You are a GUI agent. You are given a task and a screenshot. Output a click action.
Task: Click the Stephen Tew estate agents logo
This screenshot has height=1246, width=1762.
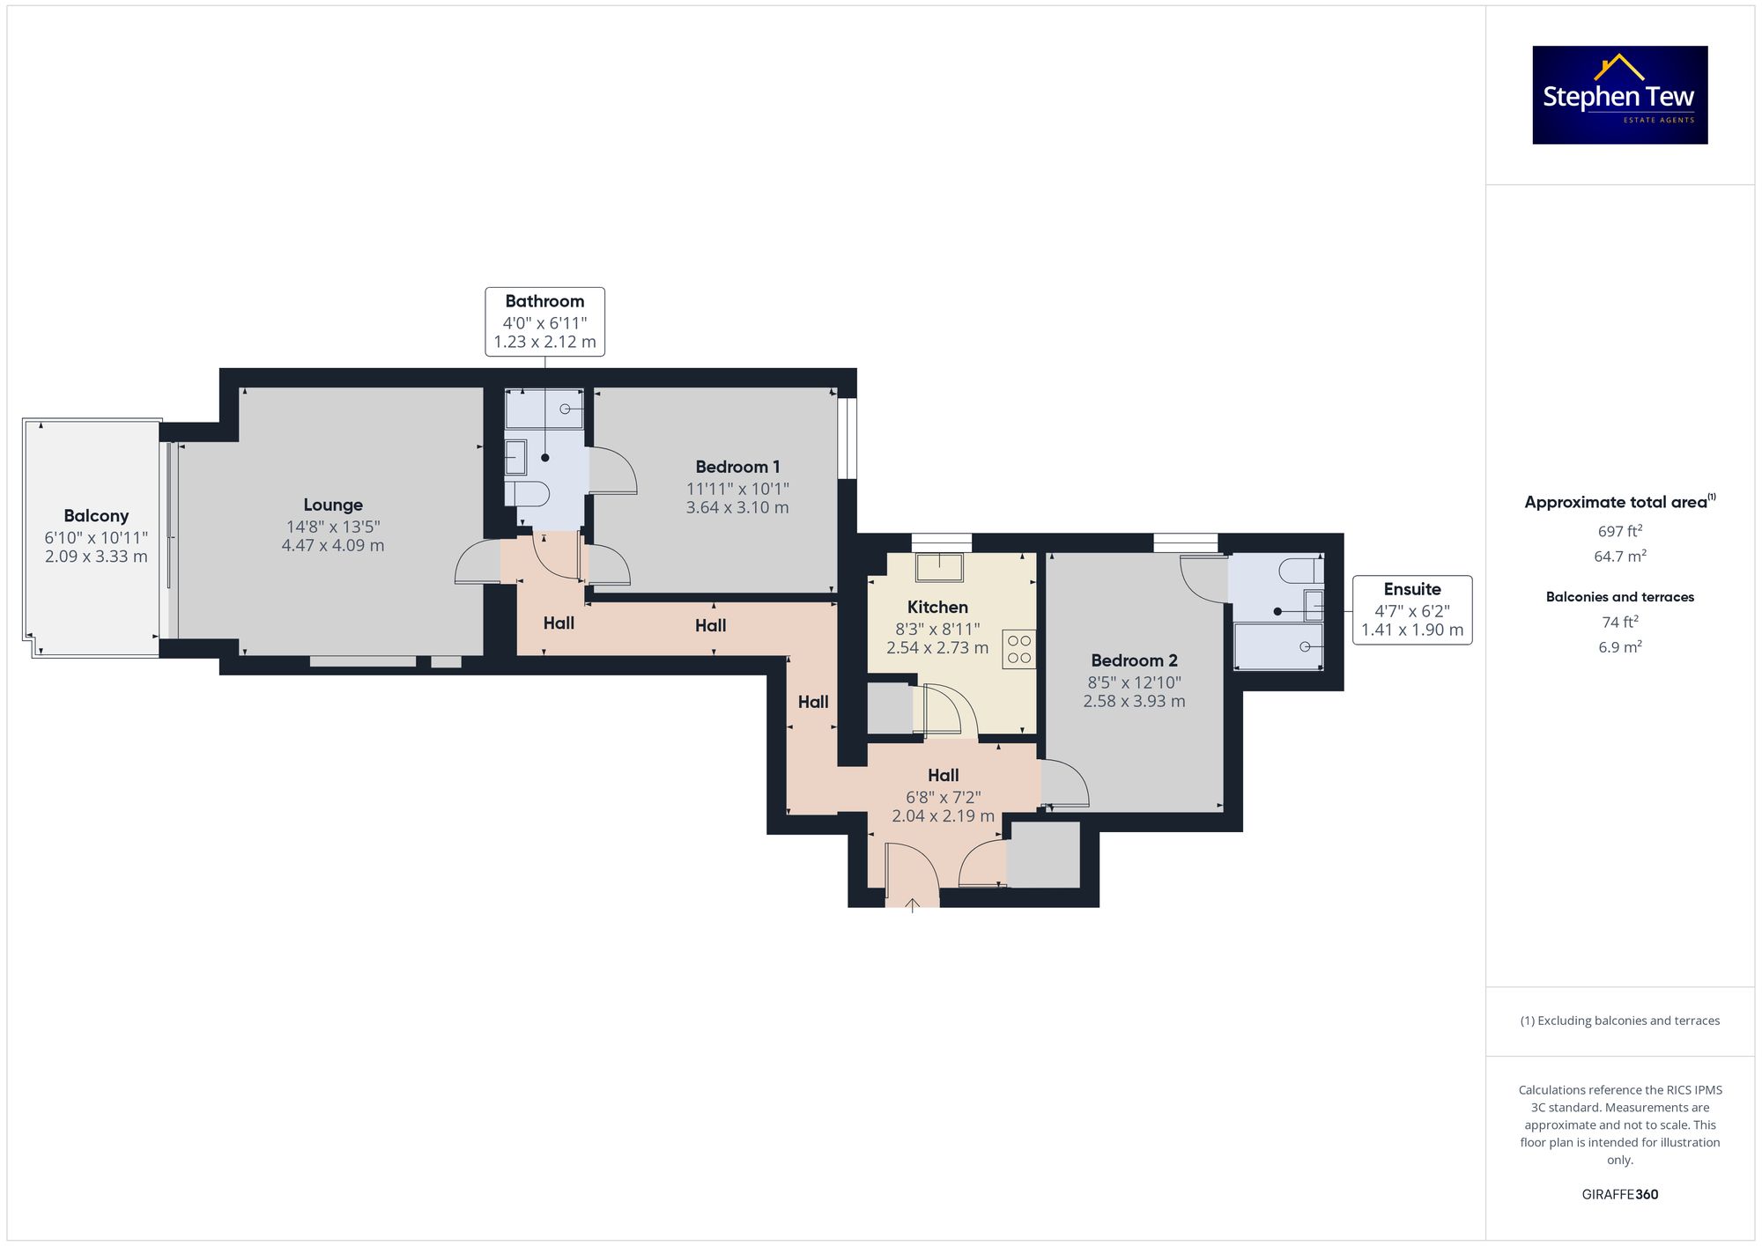pyautogui.click(x=1620, y=95)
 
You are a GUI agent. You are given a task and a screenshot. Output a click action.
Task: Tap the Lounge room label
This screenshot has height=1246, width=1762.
pyautogui.click(x=333, y=505)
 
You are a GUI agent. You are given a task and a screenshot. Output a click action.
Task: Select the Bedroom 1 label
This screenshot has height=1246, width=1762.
pyautogui.click(x=737, y=467)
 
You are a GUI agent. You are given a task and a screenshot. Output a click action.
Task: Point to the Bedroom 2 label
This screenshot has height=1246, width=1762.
pyautogui.click(x=1134, y=660)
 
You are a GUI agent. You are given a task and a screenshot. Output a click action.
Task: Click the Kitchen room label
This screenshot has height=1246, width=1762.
pyautogui.click(x=937, y=607)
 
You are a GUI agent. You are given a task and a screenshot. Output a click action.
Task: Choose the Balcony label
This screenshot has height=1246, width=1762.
pyautogui.click(x=96, y=516)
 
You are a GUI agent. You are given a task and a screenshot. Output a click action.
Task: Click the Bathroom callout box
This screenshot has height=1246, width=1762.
pyautogui.click(x=544, y=321)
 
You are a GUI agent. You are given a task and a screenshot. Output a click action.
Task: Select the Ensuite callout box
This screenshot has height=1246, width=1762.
pyautogui.click(x=1412, y=609)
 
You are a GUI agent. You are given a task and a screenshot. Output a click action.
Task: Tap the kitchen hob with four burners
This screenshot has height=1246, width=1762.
pyautogui.click(x=1019, y=649)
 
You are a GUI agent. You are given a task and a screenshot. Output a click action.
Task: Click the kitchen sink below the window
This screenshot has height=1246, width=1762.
pyautogui.click(x=939, y=567)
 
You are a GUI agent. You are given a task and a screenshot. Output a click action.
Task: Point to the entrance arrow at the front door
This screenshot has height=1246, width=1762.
pyautogui.click(x=912, y=905)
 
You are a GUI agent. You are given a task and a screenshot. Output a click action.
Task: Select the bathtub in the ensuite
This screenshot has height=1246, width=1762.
pyautogui.click(x=1278, y=646)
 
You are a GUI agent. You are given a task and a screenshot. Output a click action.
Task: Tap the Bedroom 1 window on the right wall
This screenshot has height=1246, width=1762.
pyautogui.click(x=847, y=439)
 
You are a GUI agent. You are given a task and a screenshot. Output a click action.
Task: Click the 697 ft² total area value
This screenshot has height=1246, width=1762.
pyautogui.click(x=1620, y=531)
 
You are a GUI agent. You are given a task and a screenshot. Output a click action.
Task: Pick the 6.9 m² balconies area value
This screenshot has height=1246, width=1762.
pyautogui.click(x=1620, y=646)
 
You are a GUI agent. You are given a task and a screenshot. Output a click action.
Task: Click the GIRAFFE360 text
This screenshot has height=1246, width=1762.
pyautogui.click(x=1620, y=1194)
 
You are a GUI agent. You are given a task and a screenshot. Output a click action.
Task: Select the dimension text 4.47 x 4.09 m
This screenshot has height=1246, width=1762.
pyautogui.click(x=333, y=545)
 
